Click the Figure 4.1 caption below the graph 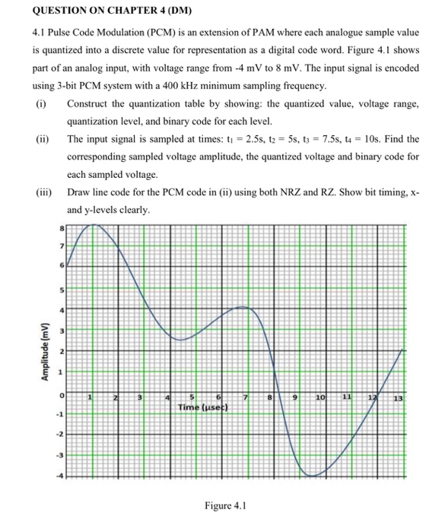click(x=225, y=505)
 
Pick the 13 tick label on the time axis click(x=397, y=397)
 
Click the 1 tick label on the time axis click(x=89, y=397)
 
